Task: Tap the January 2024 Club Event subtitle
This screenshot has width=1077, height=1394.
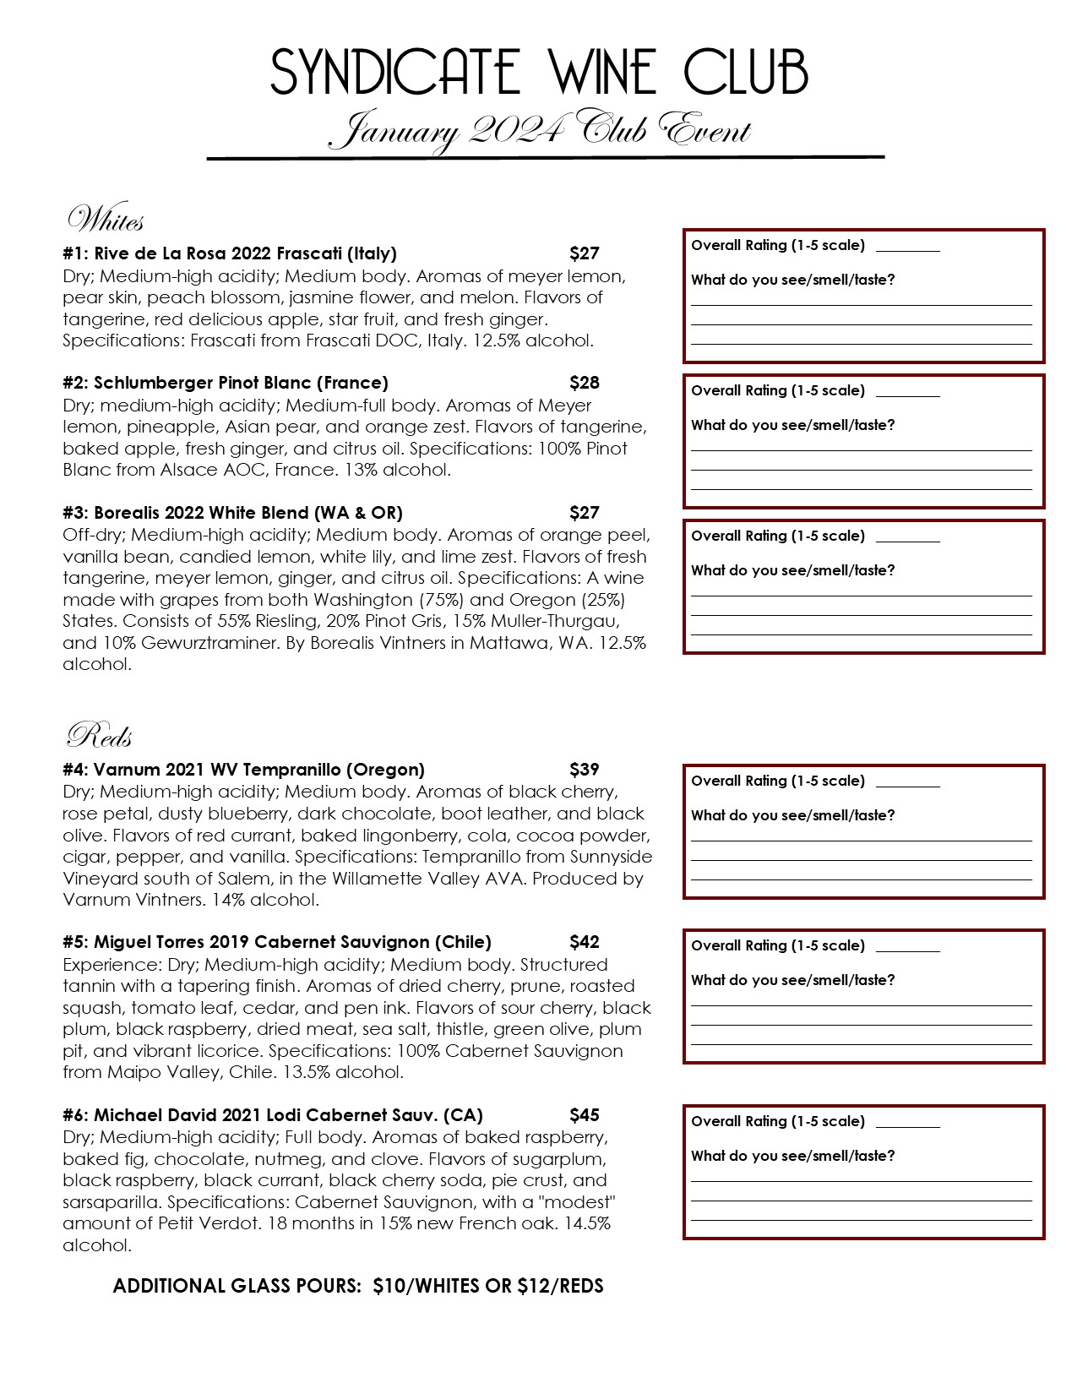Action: [x=539, y=131]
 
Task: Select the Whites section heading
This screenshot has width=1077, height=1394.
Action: [x=106, y=220]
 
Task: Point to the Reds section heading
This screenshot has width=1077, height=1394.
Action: [x=100, y=735]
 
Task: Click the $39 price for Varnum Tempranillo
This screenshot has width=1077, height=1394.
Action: [x=585, y=770]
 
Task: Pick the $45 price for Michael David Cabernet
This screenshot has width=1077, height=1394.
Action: [x=585, y=1115]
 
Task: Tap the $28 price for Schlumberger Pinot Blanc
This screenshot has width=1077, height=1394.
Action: [x=585, y=383]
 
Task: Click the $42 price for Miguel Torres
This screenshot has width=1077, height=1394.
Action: [x=585, y=942]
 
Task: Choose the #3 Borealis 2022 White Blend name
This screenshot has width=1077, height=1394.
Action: [x=232, y=513]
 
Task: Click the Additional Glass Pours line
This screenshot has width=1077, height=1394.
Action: [x=358, y=1286]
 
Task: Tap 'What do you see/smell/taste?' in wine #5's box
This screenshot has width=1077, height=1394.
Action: [x=792, y=980]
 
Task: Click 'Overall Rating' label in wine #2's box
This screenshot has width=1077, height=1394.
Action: [x=778, y=390]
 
